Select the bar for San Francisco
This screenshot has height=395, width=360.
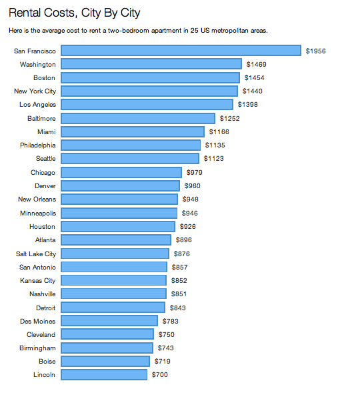tap(181, 51)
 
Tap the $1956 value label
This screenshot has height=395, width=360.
tap(315, 51)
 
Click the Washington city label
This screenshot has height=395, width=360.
tap(38, 64)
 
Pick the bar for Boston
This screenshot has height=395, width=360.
tap(150, 77)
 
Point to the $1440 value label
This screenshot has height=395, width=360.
tap(253, 91)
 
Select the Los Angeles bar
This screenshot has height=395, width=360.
tap(147, 105)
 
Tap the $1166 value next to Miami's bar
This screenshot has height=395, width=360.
tap(219, 132)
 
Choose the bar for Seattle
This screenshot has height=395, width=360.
tap(130, 159)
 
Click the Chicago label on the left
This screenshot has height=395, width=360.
tap(43, 172)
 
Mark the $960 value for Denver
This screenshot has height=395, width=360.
tap(192, 186)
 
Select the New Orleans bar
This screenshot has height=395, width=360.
tap(119, 200)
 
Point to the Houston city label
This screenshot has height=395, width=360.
tap(43, 226)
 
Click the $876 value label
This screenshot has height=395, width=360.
tap(182, 254)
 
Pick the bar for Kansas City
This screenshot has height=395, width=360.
tap(114, 280)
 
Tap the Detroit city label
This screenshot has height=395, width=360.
tap(46, 308)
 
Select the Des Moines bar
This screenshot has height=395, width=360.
tap(109, 321)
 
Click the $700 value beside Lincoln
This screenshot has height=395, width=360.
tap(160, 375)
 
